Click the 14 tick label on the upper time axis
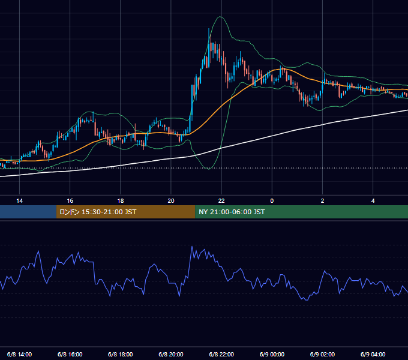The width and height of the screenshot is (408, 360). tap(20, 201)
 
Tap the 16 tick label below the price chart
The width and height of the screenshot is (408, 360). tap(70, 201)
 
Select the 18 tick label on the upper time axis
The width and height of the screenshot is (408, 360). tap(121, 201)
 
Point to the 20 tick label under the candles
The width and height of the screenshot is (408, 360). tap(171, 201)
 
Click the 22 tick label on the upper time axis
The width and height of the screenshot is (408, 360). tap(221, 201)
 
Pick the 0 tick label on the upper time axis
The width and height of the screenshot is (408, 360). tap(272, 201)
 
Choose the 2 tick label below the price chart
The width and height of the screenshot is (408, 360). tap(322, 201)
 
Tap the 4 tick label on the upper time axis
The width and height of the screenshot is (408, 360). tap(373, 201)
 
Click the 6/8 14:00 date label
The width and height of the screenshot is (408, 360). tap(20, 354)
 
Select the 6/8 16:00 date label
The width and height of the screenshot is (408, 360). tap(70, 354)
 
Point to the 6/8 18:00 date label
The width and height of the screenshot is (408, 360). tap(121, 354)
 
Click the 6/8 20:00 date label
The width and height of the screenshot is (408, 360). tap(171, 354)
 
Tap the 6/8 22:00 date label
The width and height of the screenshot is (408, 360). tap(221, 354)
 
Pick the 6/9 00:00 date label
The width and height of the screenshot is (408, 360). tap(272, 354)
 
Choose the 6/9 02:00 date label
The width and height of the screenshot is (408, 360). tap(322, 354)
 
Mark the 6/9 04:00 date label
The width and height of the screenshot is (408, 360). tap(373, 354)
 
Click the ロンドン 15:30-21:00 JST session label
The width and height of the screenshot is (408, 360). tap(98, 212)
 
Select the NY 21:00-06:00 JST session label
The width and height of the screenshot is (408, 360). tap(232, 212)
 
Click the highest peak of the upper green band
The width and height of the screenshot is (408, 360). tap(220, 17)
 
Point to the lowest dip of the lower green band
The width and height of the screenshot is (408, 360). tap(209, 169)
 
